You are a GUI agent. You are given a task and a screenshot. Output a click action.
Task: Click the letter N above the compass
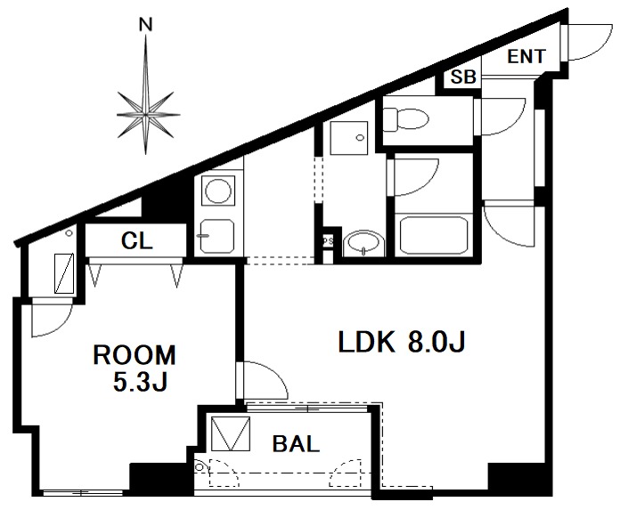[146, 25]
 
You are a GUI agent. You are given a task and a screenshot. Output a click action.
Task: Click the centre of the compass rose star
[145, 115]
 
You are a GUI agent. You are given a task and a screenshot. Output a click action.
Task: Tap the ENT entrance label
[526, 56]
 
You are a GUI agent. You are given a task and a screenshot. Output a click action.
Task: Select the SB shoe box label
[463, 77]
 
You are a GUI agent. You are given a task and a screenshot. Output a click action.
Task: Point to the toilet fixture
[406, 119]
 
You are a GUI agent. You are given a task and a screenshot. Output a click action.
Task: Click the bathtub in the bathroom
[434, 235]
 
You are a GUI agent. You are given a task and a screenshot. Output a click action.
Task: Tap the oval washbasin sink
[363, 245]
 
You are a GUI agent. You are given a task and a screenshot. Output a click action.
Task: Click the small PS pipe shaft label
[327, 241]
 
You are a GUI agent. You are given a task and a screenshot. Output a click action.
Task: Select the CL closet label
[137, 240]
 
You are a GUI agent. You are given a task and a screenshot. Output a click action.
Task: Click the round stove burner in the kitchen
[218, 190]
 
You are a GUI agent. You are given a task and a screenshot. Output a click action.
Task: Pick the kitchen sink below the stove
[217, 236]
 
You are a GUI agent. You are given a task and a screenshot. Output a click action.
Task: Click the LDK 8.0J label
[402, 342]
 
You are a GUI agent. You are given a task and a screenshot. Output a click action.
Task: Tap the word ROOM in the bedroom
[135, 355]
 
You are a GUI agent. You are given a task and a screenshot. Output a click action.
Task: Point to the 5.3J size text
[141, 382]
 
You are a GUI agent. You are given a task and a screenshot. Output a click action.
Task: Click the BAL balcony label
[296, 444]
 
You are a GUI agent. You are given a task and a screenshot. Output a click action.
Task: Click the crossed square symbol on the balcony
[231, 433]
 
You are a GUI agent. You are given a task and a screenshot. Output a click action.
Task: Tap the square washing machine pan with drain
[348, 138]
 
